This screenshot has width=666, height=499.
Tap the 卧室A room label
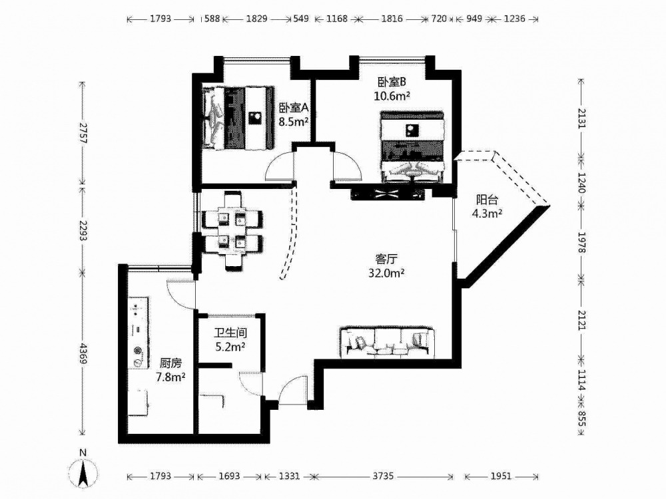293,108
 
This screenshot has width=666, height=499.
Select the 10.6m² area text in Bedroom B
392,96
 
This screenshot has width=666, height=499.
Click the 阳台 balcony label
487,200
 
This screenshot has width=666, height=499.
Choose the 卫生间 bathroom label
230,333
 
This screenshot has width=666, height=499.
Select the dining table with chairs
231,230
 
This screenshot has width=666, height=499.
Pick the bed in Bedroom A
238,118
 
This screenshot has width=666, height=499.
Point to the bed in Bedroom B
412,147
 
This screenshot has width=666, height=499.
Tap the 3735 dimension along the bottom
383,476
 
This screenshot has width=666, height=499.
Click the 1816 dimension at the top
392,19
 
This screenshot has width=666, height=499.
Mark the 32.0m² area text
386,273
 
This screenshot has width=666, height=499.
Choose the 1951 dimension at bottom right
501,476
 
